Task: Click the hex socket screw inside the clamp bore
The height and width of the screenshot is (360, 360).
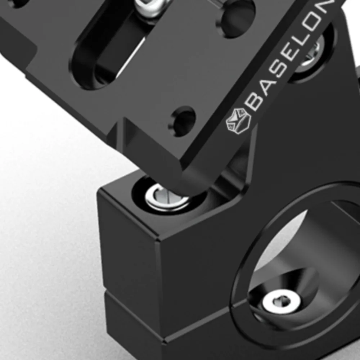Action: [x=282, y=302]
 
